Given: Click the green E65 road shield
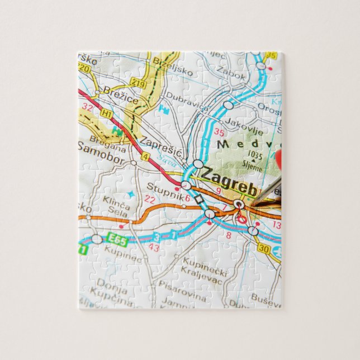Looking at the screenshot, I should coord(118,241).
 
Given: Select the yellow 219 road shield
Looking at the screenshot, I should coord(138,83).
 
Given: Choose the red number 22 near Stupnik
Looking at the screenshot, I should coord(149,199).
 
